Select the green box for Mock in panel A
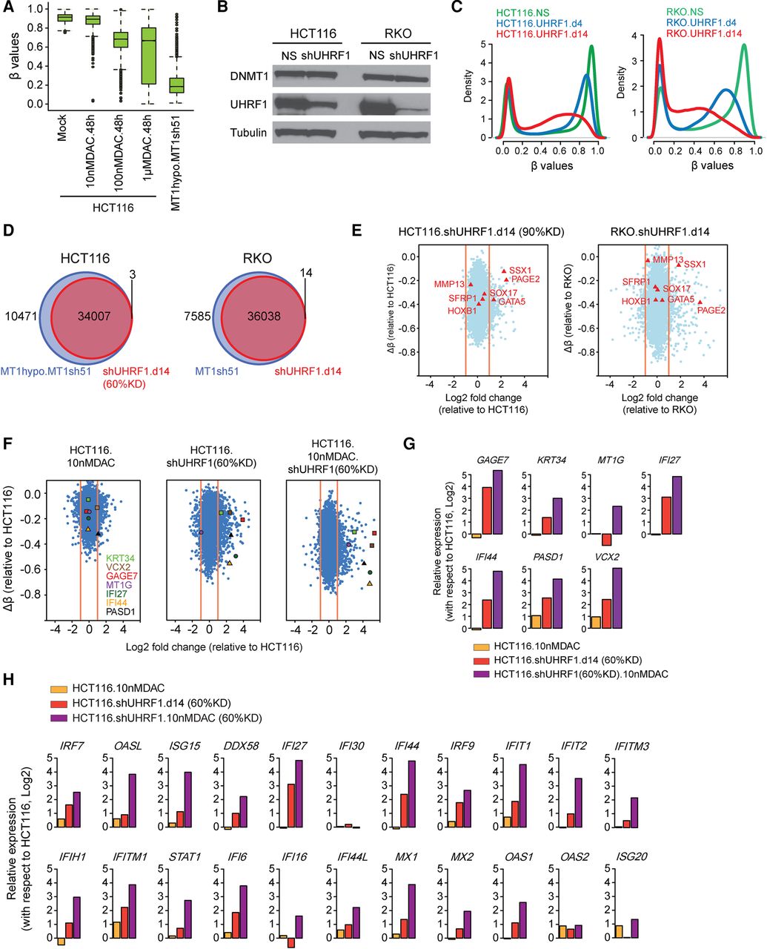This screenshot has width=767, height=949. click(x=64, y=17)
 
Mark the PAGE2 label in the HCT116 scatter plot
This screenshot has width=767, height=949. click(x=525, y=279)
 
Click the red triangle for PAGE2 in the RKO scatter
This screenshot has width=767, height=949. click(x=700, y=302)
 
